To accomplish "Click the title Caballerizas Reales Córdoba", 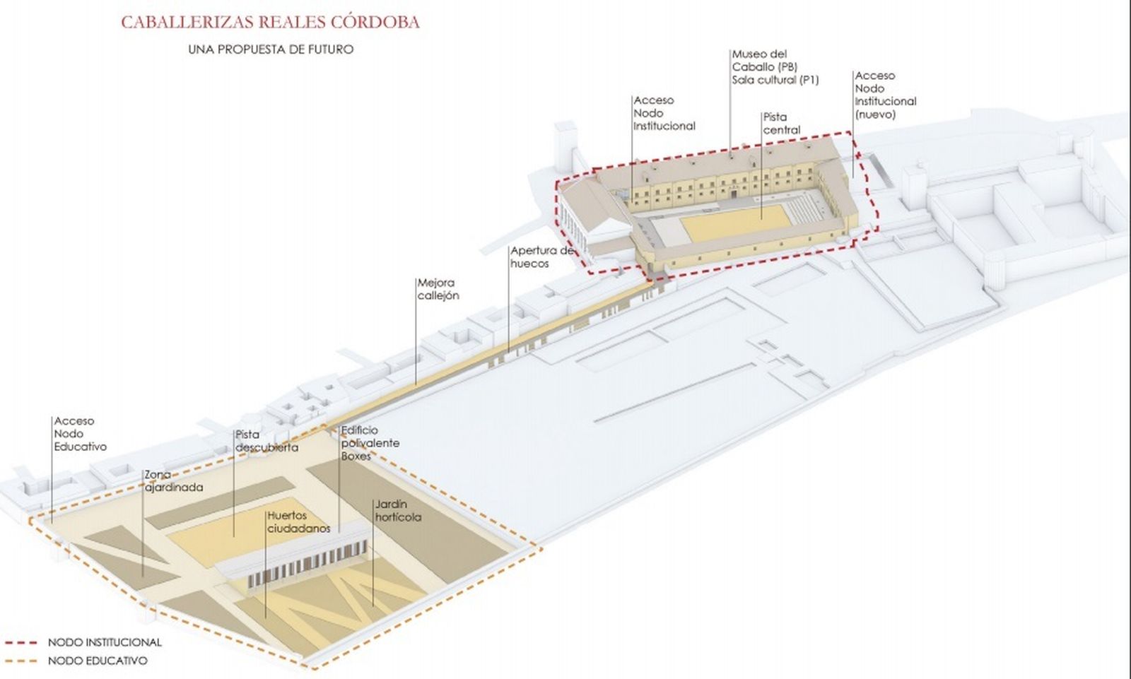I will pos(270,22).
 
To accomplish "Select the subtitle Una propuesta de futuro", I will pos(271,49).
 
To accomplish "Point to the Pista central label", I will pos(781,124).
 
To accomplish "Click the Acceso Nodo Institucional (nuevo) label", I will pos(884,95).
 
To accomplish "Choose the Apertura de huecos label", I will pos(541,257).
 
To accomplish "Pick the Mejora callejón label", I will pos(438,289).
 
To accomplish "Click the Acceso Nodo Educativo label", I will pos(80,434).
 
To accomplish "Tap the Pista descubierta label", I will pos(266,441).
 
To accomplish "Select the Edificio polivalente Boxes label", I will pos(370,443).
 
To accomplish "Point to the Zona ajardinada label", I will pos(173,481).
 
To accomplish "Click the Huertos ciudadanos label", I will pos(298,522).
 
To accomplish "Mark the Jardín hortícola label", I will pos(398,511).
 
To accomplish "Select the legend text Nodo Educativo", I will pos(98,661).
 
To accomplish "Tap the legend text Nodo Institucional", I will pos(105,643).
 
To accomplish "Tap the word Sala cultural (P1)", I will pos(775,80).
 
